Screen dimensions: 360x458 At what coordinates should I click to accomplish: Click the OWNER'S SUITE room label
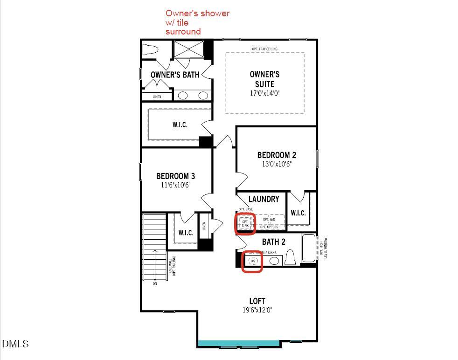pos(264,79)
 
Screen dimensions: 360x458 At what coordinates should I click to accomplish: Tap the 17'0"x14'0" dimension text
pos(264,93)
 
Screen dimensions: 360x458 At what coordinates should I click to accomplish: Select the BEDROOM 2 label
pos(277,155)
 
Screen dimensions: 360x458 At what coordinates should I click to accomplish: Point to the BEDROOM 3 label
pos(175,176)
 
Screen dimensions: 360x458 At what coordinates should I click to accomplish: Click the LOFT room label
pos(257,301)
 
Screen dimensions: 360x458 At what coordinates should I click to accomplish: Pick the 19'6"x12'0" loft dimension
pos(257,310)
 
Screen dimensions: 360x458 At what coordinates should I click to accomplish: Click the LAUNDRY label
pos(264,199)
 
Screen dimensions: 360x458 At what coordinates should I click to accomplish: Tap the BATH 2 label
pos(273,242)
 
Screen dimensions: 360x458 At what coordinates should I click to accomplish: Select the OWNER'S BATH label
pos(175,75)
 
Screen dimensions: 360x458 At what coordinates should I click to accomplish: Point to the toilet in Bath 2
pos(290,257)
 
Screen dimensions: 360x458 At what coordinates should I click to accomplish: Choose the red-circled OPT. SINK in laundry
pos(245,223)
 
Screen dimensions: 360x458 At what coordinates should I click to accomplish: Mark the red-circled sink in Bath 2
pos(253,261)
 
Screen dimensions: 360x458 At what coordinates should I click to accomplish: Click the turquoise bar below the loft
pos(239,343)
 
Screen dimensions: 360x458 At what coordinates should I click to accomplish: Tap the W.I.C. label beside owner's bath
pos(180,125)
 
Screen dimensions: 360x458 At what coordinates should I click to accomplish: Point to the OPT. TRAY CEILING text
pos(264,48)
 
